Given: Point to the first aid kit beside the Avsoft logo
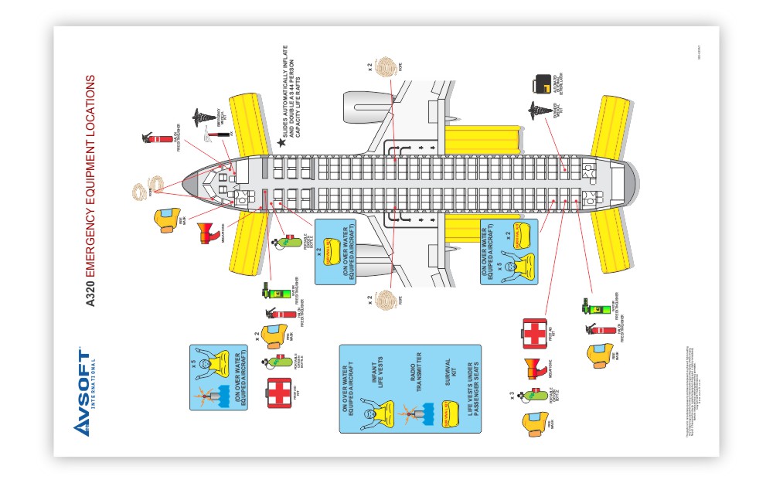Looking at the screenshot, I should click(278, 392).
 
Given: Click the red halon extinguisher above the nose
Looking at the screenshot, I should click(158, 139).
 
